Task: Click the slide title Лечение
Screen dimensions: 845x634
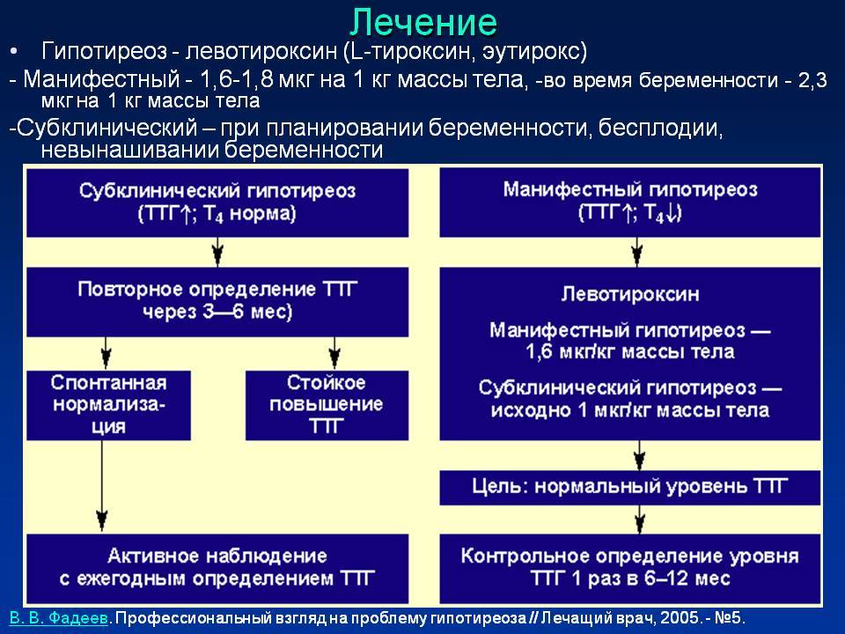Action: click(x=423, y=23)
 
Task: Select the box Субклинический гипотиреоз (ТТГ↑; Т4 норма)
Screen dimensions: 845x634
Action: click(x=217, y=203)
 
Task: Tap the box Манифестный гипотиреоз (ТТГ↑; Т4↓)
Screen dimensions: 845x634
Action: click(x=630, y=203)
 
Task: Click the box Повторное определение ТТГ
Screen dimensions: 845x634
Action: click(x=217, y=302)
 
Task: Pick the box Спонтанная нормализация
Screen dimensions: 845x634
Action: click(x=108, y=405)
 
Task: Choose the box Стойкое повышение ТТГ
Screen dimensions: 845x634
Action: click(x=327, y=405)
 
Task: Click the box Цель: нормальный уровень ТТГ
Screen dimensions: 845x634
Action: click(x=630, y=487)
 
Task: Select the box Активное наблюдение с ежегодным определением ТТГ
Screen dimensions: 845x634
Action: click(x=217, y=568)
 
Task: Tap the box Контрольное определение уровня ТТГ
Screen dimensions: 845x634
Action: click(x=630, y=568)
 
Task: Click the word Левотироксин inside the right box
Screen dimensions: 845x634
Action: click(x=630, y=294)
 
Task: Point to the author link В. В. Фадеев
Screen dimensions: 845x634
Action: click(x=59, y=618)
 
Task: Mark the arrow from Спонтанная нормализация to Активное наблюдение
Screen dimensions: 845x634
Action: click(x=102, y=485)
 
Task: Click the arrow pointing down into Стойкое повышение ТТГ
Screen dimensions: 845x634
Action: click(x=334, y=353)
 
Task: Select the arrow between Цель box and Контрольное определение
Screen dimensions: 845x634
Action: click(x=640, y=520)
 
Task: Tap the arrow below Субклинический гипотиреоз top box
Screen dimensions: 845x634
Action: click(x=217, y=253)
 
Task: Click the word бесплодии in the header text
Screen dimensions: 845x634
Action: click(x=659, y=129)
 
